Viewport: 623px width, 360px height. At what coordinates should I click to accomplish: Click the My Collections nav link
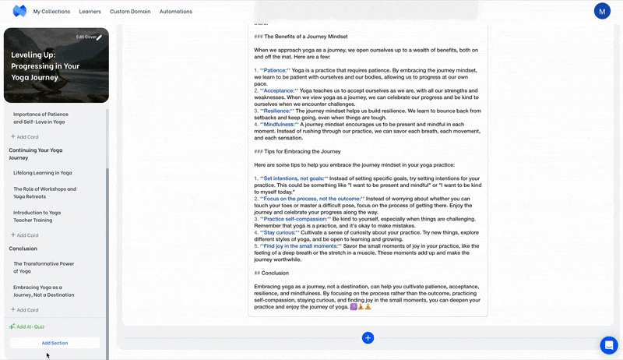[51, 12]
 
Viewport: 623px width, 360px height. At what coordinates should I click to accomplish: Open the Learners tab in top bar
[90, 12]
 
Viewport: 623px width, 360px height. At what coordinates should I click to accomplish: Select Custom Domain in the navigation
[130, 12]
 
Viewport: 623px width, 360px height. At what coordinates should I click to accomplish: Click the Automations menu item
[176, 12]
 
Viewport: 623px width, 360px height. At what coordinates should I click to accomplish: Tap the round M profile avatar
[602, 11]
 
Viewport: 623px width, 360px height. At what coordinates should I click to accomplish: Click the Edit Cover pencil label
[89, 37]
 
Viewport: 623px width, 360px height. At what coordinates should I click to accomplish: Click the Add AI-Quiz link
[27, 326]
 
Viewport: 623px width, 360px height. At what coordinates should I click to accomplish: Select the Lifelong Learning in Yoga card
[43, 173]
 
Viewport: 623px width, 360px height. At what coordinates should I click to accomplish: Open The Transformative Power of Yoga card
[44, 267]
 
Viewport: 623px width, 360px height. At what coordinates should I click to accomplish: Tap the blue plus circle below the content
[368, 337]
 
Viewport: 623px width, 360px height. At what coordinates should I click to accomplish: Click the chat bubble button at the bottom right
[608, 344]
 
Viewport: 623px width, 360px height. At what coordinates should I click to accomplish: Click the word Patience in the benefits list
[276, 70]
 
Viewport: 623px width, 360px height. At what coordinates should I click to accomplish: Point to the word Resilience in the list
[278, 111]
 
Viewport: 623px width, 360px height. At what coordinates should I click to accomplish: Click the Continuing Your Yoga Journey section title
[35, 154]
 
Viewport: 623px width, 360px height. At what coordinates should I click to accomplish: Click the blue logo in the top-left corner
[19, 11]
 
